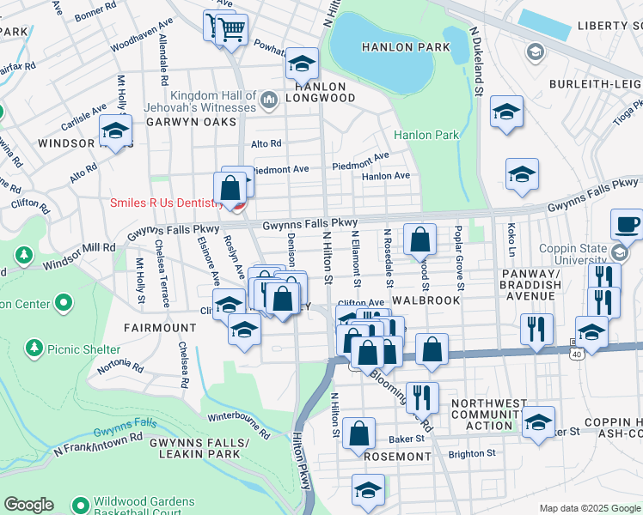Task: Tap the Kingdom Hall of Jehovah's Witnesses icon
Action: pyautogui.click(x=269, y=100)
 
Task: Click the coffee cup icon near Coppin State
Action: pyautogui.click(x=627, y=225)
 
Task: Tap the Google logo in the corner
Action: pyautogui.click(x=28, y=505)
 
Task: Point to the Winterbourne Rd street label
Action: pyautogui.click(x=239, y=426)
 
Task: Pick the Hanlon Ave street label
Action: pyautogui.click(x=386, y=176)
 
